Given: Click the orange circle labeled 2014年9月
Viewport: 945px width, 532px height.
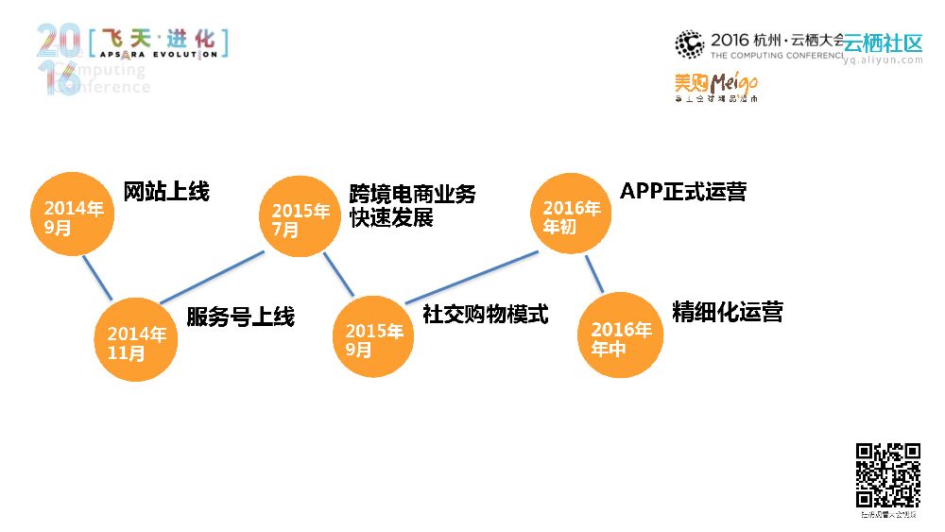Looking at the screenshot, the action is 72,216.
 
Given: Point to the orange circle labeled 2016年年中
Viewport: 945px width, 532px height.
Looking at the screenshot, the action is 620,336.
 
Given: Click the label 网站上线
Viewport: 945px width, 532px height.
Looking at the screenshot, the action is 166,192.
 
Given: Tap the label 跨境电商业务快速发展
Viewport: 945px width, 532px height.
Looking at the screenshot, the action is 412,206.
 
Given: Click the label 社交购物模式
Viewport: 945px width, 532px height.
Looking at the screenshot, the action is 485,314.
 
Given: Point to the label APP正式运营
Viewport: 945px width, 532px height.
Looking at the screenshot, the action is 683,192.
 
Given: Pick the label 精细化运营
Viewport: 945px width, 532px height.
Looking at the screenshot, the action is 728,312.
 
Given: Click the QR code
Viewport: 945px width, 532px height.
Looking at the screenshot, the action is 887,474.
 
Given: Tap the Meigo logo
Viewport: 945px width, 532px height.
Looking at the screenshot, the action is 715,85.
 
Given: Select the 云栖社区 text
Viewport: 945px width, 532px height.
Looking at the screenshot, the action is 884,43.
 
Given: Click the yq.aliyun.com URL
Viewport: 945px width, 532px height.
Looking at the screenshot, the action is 884,60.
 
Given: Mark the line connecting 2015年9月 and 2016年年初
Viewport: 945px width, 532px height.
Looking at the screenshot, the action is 472,278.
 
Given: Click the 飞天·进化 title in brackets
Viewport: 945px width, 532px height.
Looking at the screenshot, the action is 158,41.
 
